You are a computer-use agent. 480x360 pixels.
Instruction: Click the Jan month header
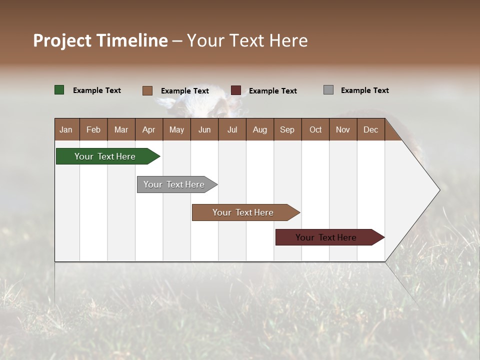tap(66, 129)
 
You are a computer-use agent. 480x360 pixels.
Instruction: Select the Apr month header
tap(148, 129)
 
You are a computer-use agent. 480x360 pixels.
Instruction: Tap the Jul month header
tap(232, 129)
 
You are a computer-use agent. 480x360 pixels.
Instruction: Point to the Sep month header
tap(287, 129)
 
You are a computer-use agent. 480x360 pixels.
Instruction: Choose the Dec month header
tap(370, 129)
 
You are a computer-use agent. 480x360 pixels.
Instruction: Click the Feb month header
tap(93, 129)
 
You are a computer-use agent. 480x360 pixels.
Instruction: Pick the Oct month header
tap(315, 129)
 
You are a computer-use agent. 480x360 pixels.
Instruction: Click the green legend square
tap(59, 90)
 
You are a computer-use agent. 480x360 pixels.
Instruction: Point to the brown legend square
tap(147, 90)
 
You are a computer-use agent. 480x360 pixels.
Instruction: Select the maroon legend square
tap(236, 90)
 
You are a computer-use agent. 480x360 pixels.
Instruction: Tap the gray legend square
tap(328, 90)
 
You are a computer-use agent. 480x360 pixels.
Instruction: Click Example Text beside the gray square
tap(364, 90)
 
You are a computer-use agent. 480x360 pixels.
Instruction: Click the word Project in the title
tap(62, 40)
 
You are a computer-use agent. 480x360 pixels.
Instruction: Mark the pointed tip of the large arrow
tap(439, 190)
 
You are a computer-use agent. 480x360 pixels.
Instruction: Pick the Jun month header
tap(204, 129)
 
